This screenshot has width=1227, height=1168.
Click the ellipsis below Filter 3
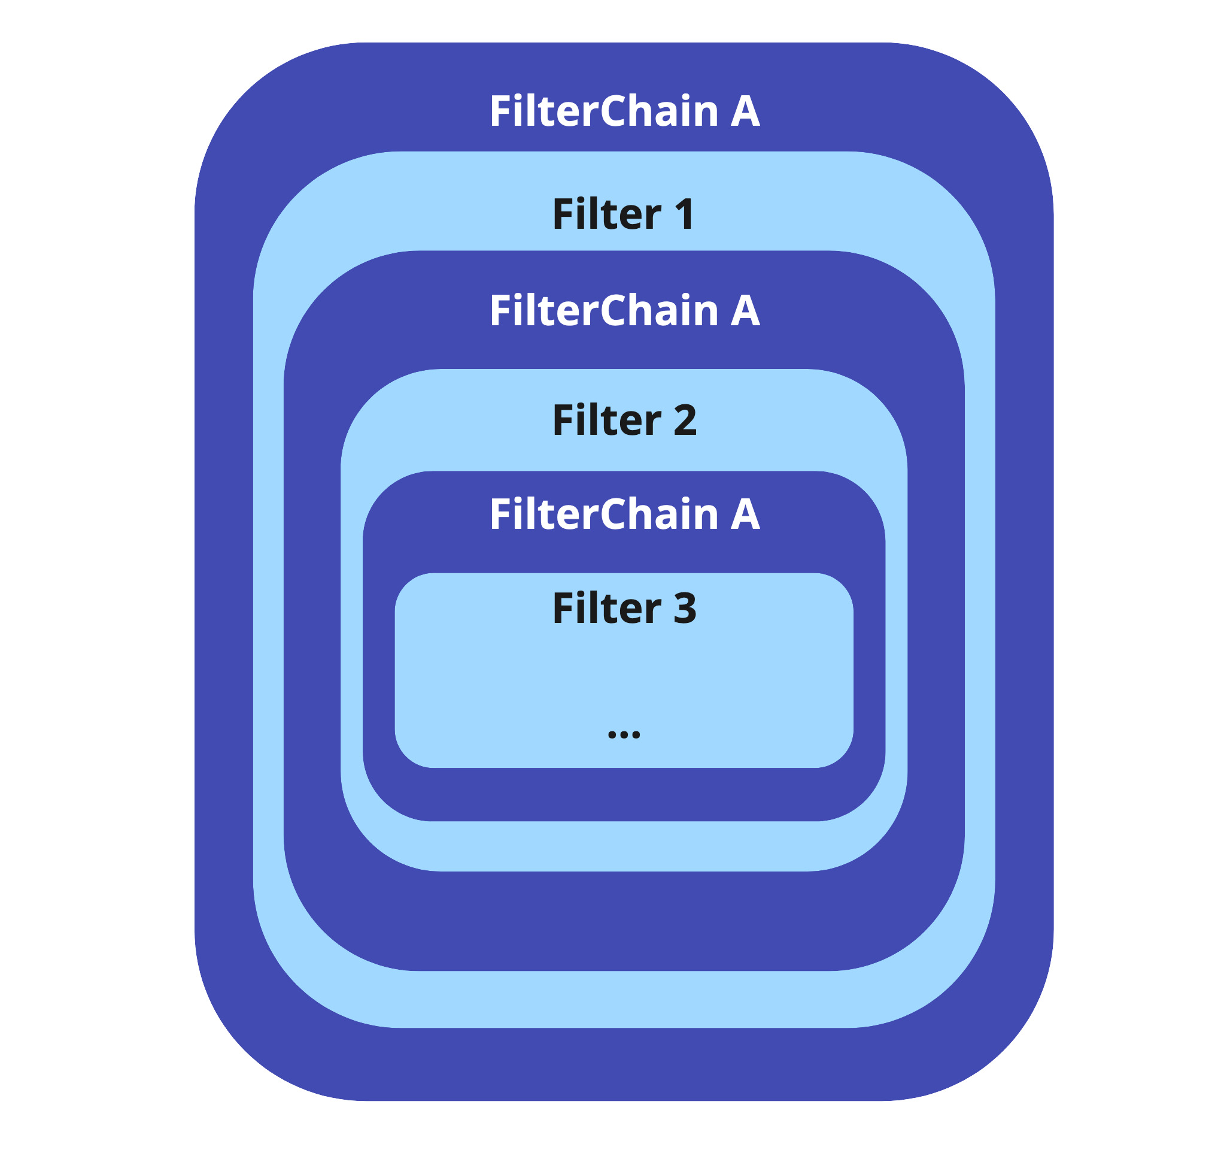624,735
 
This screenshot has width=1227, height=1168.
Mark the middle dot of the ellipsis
624,735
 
